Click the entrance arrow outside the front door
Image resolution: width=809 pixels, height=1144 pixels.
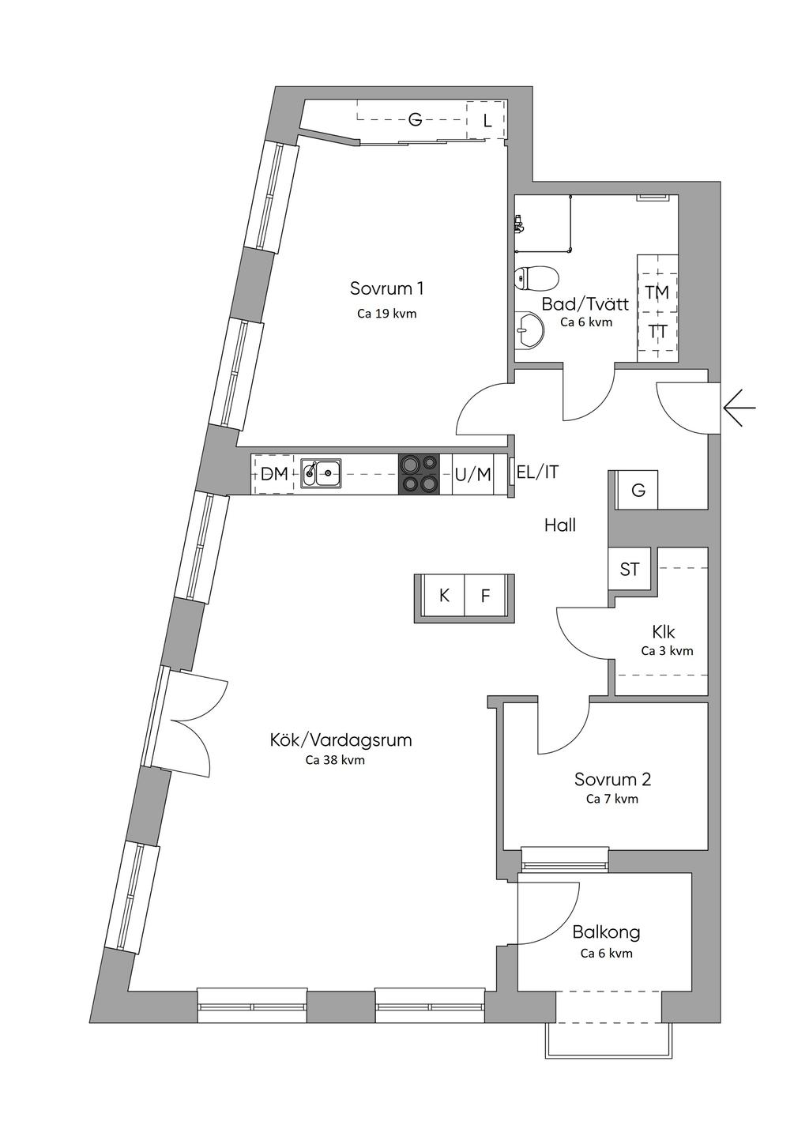click(739, 408)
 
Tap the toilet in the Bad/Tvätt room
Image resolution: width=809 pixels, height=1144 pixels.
click(536, 278)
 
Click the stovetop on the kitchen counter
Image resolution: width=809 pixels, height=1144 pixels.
click(419, 474)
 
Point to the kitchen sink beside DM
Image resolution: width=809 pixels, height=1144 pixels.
click(322, 473)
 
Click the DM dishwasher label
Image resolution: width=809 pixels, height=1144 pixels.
click(274, 475)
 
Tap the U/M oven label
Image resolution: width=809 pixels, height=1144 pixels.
click(473, 475)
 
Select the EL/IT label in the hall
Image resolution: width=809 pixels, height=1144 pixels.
click(538, 472)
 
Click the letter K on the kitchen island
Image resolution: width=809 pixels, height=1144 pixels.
click(444, 595)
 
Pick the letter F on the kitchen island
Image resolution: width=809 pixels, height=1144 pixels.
click(485, 595)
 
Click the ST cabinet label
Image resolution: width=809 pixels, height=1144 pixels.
click(629, 569)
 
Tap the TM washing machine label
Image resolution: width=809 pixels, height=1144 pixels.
click(657, 292)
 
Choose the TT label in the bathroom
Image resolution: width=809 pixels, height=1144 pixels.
click(658, 332)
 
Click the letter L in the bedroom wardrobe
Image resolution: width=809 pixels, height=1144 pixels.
click(487, 121)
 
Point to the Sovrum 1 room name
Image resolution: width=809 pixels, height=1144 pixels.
click(386, 288)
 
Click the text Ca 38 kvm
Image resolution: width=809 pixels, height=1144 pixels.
click(336, 759)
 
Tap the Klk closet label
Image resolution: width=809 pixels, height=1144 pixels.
click(664, 632)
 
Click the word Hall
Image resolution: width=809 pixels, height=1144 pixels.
click(560, 525)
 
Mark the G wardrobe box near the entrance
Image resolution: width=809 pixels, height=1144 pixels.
click(637, 490)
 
